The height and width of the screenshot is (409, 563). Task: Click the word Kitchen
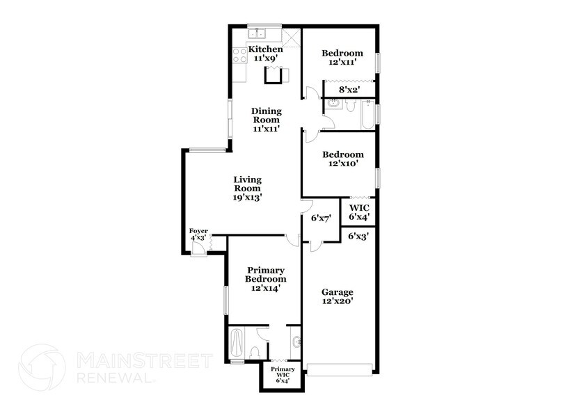(x=266, y=49)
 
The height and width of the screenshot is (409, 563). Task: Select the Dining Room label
(x=266, y=115)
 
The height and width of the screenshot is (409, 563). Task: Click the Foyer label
(x=198, y=231)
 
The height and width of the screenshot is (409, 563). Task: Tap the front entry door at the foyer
(x=199, y=250)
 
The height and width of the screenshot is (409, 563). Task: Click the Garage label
(x=337, y=292)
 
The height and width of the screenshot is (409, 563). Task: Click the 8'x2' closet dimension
(x=349, y=89)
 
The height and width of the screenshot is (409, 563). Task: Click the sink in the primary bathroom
(x=297, y=342)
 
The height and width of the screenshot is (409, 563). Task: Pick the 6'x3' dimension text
(x=358, y=236)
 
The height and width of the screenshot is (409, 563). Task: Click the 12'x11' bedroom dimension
(x=342, y=63)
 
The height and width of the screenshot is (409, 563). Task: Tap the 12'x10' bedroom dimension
(x=342, y=164)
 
